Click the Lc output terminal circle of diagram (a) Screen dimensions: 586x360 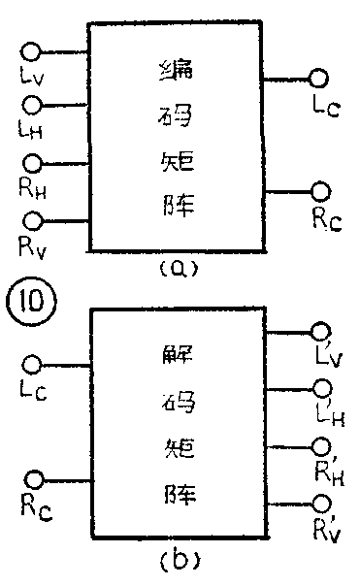(318, 79)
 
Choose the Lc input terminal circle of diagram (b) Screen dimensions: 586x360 (33, 365)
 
